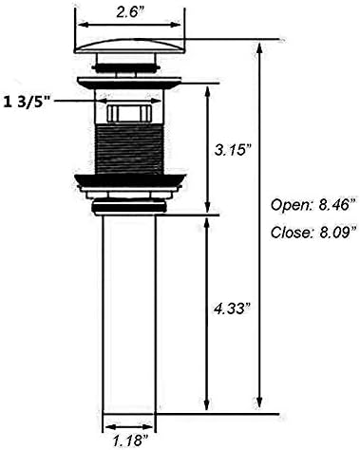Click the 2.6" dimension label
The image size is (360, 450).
coord(129,12)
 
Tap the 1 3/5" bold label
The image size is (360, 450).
coord(27,102)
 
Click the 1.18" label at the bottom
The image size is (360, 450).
coord(131,441)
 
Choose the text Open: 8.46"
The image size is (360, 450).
coord(313,205)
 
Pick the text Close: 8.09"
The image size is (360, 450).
coord(313,233)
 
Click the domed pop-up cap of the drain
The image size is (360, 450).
coord(129,46)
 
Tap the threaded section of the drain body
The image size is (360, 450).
coord(129,148)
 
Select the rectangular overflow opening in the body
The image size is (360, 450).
coord(129,113)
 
